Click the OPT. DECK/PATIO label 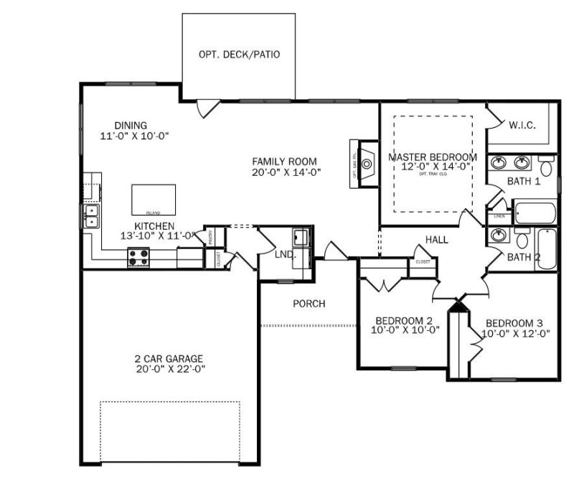coord(239,55)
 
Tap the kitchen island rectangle coord(154,199)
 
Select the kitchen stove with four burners coord(138,256)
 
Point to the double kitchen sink coord(92,216)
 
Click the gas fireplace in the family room coord(367,164)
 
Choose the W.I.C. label coord(522,125)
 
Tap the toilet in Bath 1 coord(547,168)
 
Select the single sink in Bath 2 coord(497,235)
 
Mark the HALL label coord(436,240)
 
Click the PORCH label coord(309,304)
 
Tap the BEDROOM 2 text coord(404,320)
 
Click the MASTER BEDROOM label coord(432,157)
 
